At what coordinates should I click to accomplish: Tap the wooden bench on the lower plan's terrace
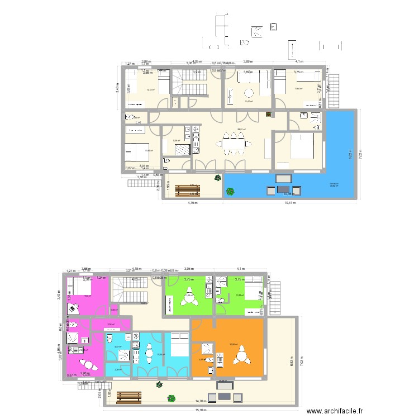[x=129, y=397]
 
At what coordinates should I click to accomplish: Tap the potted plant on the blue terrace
[x=229, y=192]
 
